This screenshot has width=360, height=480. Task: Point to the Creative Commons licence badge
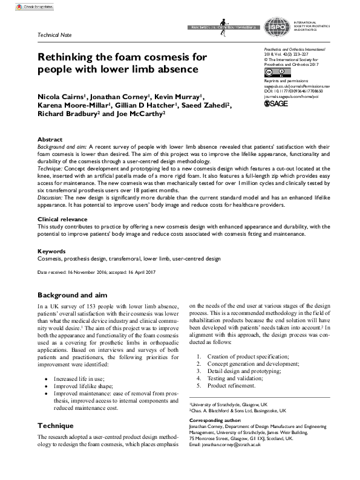[273, 73]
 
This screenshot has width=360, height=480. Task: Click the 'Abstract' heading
[50, 139]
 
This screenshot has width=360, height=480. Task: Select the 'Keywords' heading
[52, 250]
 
